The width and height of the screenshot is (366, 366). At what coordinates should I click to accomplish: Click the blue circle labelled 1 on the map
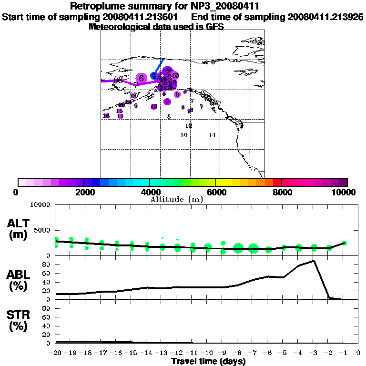(x=153, y=75)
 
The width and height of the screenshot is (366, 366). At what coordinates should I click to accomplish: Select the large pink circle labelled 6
(x=141, y=78)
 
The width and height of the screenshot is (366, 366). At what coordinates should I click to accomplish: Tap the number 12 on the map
(x=189, y=126)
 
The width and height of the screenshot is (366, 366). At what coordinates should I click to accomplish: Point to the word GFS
(x=214, y=27)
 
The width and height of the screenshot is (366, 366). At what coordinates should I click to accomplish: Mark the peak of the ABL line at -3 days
(x=314, y=261)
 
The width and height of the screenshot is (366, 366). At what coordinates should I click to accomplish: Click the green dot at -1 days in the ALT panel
(x=344, y=243)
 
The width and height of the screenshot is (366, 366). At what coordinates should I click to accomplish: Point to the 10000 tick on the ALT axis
(x=40, y=205)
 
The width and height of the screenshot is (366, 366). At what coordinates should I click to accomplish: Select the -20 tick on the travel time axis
(x=56, y=353)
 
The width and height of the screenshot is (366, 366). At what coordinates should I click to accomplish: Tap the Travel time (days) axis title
(x=208, y=361)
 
